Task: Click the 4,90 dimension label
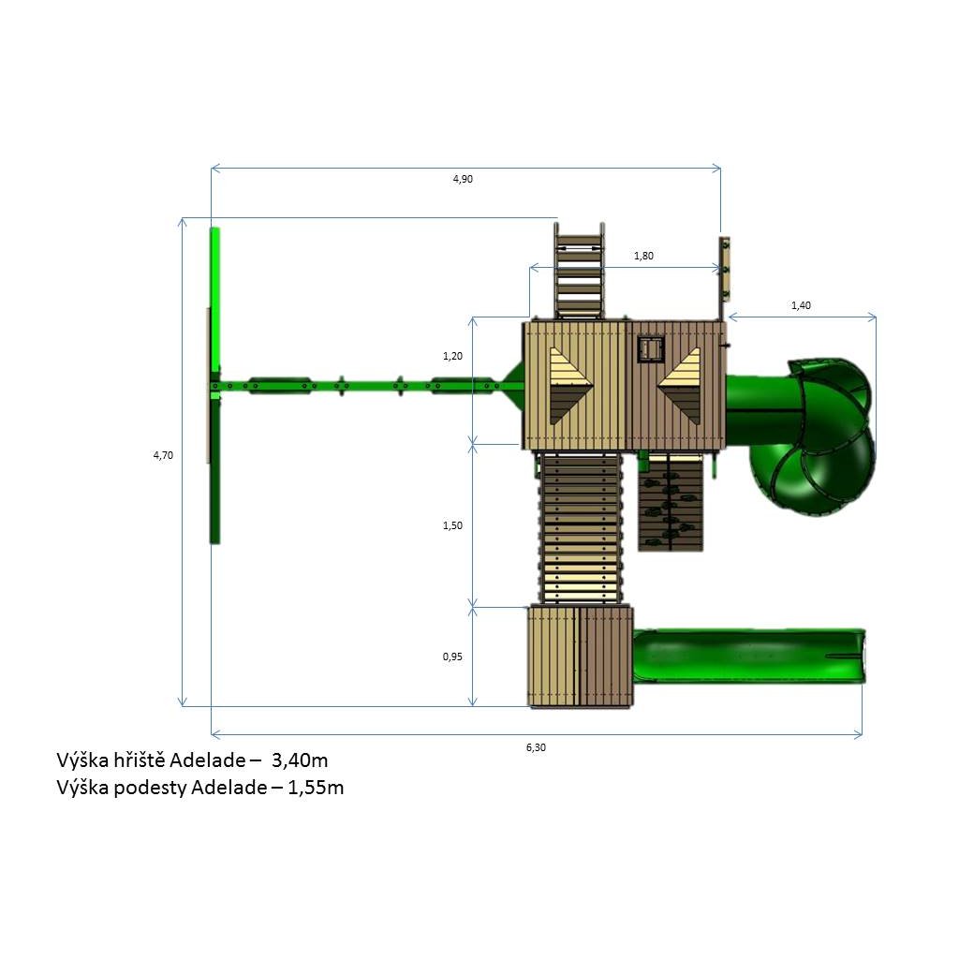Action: [463, 179]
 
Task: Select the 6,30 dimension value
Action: [536, 746]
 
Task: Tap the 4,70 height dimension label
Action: [163, 455]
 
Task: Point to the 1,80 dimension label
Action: [643, 256]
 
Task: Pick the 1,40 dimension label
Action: [801, 305]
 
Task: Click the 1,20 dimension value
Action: [452, 356]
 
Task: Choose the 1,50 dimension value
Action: [452, 525]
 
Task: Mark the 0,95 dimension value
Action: [452, 657]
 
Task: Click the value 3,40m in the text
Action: [300, 760]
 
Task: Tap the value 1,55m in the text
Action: [316, 787]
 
